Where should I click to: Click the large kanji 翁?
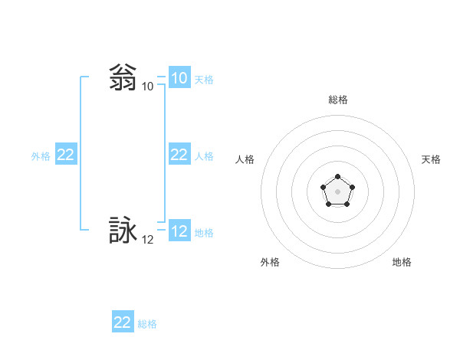click(123, 78)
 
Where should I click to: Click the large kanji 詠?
click(123, 231)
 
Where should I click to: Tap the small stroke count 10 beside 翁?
click(147, 87)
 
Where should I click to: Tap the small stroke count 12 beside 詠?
click(147, 240)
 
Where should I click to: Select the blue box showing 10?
click(179, 78)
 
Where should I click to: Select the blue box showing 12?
click(179, 231)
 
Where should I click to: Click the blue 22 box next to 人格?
click(179, 155)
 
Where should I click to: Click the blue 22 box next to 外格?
click(66, 155)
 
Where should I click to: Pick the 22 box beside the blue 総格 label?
click(123, 322)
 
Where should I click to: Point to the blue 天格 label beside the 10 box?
click(204, 80)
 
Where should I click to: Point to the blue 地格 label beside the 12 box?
click(204, 233)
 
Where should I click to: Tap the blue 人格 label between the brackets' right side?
click(204, 156)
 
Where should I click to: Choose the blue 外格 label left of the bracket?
click(41, 156)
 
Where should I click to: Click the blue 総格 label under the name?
click(147, 324)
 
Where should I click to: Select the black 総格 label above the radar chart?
click(337, 100)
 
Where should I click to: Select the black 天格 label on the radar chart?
click(431, 159)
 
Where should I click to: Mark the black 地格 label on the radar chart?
click(402, 262)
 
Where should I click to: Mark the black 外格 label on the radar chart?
click(270, 262)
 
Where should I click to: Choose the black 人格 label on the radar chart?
click(245, 159)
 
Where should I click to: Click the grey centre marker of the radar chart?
click(337, 191)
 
